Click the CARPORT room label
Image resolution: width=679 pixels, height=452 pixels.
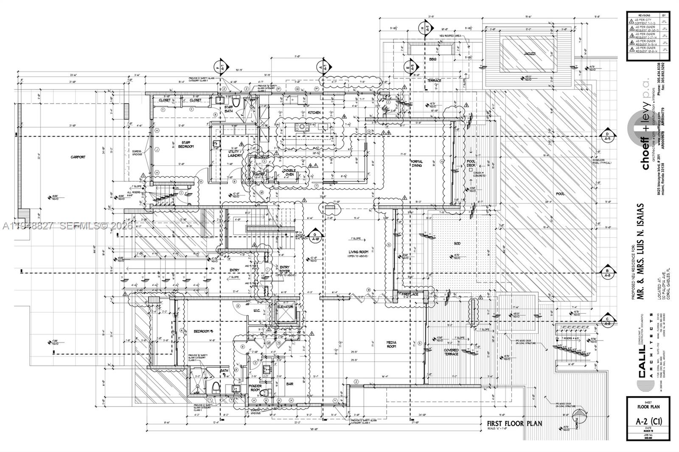(x=78, y=157)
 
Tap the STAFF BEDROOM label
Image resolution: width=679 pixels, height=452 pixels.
(x=185, y=144)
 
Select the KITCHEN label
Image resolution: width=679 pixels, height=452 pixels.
(x=314, y=112)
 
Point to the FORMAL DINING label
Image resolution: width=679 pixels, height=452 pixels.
(x=417, y=164)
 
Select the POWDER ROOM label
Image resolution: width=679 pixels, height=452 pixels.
(x=255, y=388)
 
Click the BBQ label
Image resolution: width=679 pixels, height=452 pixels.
(x=432, y=59)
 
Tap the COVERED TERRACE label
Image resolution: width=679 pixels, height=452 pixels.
(x=451, y=352)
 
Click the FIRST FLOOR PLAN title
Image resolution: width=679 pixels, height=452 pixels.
(x=514, y=423)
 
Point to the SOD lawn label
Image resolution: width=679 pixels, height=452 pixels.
(x=457, y=243)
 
